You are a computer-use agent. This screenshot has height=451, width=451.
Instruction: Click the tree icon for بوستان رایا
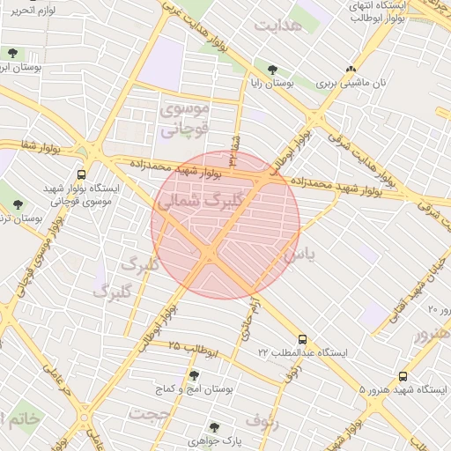[272, 70]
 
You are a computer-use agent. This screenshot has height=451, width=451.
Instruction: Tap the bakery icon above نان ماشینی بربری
[351, 70]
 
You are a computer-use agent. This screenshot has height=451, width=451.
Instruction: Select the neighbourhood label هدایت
[277, 25]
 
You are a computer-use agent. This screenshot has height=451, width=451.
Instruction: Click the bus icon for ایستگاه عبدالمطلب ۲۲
[303, 338]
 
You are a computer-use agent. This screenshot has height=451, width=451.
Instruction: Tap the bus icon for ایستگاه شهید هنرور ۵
[403, 376]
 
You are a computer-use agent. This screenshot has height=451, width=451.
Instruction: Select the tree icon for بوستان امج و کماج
[194, 375]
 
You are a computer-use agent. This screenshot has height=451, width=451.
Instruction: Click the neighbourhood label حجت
[149, 412]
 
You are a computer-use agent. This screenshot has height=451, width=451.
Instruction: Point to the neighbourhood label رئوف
[262, 420]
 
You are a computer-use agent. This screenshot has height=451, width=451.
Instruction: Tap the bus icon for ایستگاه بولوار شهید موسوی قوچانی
[81, 174]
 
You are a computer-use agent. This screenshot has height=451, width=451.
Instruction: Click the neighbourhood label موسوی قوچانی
[185, 121]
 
